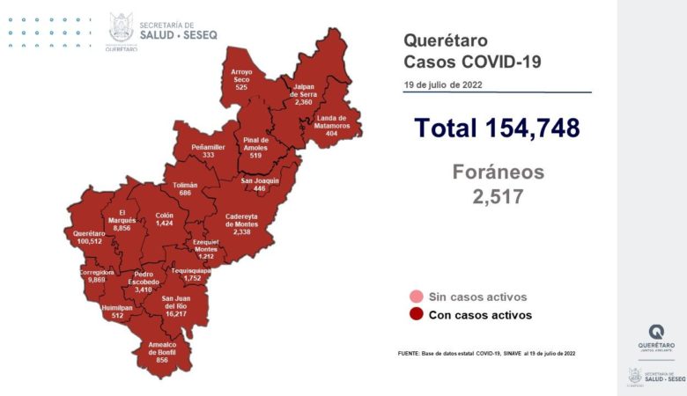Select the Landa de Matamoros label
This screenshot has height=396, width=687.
point(332,122)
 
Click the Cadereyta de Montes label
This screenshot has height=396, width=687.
point(241,222)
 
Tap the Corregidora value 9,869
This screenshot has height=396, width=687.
point(97,280)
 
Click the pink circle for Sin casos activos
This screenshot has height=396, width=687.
point(416,297)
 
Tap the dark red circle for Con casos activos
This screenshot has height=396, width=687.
point(416,314)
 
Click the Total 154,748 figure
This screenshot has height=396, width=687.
point(497,128)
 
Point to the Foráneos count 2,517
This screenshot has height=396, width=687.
point(498,194)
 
